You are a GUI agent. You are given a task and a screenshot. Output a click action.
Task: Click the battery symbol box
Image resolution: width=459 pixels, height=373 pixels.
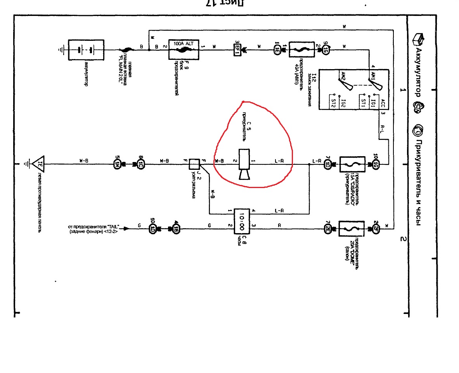click(x=86, y=50)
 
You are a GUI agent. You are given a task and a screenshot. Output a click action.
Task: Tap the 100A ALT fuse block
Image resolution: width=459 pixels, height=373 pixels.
click(x=184, y=49)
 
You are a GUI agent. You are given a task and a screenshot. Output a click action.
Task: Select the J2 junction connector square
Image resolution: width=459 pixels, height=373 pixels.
click(x=194, y=164)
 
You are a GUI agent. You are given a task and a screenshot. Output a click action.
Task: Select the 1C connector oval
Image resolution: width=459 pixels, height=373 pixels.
click(x=141, y=164)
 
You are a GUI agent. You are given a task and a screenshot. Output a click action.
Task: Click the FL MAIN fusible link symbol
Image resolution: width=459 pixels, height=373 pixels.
click(x=126, y=50)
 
